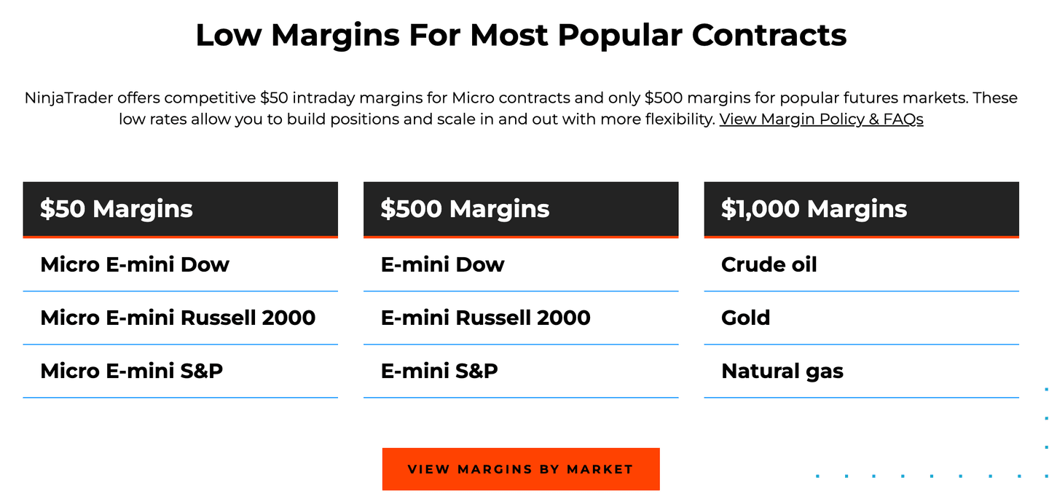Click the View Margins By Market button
click(521, 469)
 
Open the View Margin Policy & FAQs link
click(821, 119)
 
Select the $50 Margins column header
click(117, 209)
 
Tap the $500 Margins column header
click(465, 209)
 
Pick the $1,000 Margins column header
click(814, 209)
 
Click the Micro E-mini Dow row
click(135, 264)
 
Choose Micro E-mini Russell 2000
click(178, 318)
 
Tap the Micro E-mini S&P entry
click(132, 371)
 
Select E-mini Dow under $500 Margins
click(442, 264)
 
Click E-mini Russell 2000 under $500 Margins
click(485, 318)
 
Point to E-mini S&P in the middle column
click(439, 371)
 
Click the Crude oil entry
click(769, 264)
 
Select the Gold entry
click(745, 318)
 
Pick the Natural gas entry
click(782, 371)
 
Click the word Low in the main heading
click(228, 35)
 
